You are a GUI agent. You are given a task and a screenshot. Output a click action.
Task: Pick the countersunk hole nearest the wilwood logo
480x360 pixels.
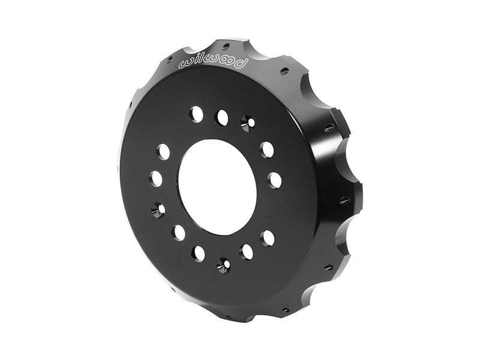(x=248, y=123)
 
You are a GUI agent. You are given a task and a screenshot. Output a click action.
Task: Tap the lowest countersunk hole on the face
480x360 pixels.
(x=223, y=265)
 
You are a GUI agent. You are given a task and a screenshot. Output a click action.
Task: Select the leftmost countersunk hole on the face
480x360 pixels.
(x=158, y=209)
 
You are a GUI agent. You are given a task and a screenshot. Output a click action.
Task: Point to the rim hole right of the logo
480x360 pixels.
(x=284, y=71)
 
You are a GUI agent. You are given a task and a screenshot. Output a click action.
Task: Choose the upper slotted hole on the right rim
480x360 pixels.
(x=329, y=127)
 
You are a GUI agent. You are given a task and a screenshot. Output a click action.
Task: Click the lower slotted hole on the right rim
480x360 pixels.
(x=345, y=200)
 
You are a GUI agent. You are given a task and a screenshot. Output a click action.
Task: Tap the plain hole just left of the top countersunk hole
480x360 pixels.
(x=222, y=118)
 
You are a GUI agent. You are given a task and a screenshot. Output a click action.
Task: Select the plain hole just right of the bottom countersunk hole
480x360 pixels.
(x=246, y=251)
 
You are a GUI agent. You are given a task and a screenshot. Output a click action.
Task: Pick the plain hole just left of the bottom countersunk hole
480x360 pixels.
(x=198, y=253)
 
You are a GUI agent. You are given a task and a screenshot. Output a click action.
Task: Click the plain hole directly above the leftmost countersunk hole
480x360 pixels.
(x=156, y=178)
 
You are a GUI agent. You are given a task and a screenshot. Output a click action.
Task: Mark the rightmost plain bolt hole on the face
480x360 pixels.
(x=274, y=179)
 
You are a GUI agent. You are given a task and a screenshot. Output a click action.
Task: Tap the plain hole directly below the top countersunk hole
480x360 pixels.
(x=266, y=149)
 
